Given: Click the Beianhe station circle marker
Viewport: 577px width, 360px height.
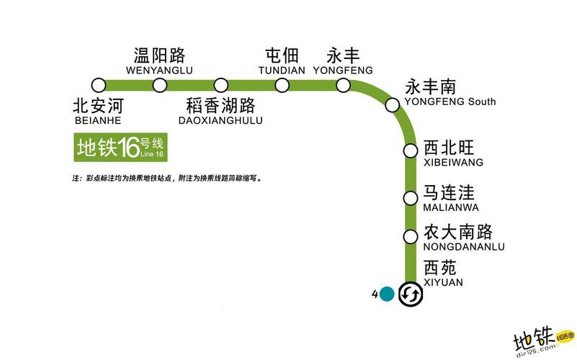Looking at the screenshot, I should click(x=99, y=85).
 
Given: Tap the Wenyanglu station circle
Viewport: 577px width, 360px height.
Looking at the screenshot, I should click(x=160, y=86).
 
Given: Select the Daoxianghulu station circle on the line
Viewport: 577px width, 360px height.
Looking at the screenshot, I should click(x=221, y=86).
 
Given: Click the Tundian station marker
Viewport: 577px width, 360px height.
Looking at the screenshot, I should click(x=282, y=86).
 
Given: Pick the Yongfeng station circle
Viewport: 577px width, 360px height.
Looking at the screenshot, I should click(x=344, y=86).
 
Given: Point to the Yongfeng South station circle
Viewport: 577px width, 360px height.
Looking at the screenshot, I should click(x=393, y=105).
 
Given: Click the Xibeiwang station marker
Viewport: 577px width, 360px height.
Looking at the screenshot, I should click(x=411, y=151).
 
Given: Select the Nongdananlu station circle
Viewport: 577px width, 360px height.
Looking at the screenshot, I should click(x=411, y=236).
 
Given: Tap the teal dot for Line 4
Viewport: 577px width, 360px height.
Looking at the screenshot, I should click(x=387, y=294).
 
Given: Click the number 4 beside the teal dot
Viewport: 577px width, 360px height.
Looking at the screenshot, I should click(x=375, y=294).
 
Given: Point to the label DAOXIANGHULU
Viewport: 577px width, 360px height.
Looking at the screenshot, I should click(x=220, y=120).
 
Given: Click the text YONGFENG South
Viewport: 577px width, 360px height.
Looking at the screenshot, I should click(x=450, y=102).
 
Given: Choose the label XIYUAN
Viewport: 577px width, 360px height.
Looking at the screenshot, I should click(x=443, y=282).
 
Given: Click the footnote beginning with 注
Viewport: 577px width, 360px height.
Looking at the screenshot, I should click(x=167, y=178).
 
